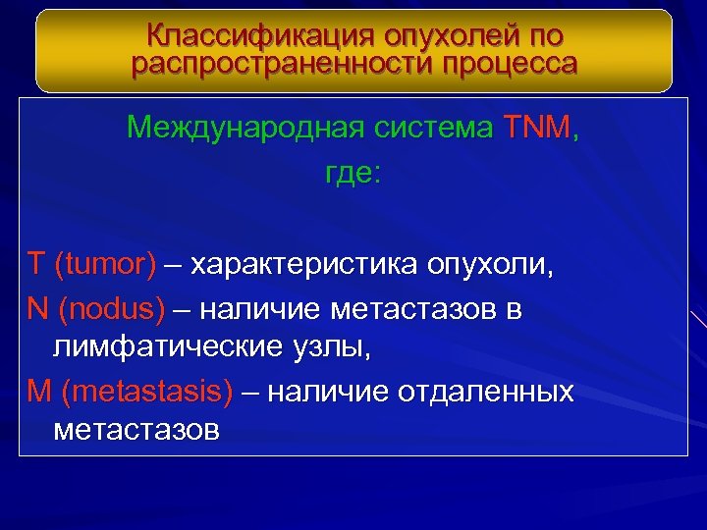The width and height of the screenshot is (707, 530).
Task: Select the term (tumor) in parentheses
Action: (x=105, y=265)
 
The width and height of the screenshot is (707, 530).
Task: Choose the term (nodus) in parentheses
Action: (x=111, y=310)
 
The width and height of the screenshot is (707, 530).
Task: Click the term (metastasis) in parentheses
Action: (x=146, y=393)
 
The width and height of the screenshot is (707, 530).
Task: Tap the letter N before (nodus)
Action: (x=38, y=310)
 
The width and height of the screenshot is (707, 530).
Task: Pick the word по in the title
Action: (x=547, y=36)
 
